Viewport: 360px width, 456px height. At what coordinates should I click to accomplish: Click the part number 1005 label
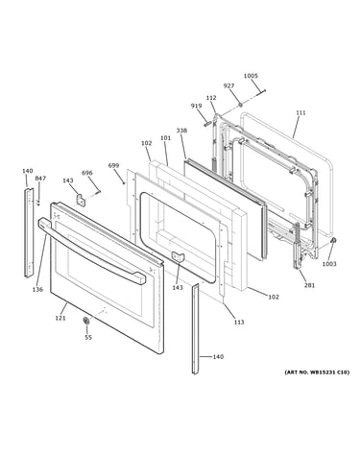[251, 76]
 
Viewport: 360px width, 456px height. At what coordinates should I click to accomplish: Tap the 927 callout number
[228, 85]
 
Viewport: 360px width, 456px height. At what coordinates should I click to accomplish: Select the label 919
[196, 106]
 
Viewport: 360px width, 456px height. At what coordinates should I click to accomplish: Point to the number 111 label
[300, 112]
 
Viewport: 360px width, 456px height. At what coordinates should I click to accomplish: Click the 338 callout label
[181, 131]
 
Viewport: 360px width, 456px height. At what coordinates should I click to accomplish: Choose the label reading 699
[113, 165]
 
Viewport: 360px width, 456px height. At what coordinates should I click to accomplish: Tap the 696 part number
[86, 173]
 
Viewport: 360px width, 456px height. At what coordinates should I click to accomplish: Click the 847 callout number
[40, 179]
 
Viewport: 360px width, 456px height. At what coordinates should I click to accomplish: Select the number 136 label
[37, 290]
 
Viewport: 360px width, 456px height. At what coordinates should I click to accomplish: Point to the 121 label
[60, 318]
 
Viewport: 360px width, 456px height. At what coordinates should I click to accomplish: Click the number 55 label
[88, 337]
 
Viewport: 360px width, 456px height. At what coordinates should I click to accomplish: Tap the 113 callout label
[239, 322]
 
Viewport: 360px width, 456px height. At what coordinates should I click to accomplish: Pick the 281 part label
[309, 285]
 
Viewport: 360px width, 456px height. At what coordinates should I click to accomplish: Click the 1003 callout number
[329, 264]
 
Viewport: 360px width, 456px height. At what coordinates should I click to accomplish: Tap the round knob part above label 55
[85, 321]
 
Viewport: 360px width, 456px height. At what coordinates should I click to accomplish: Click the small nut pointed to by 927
[240, 105]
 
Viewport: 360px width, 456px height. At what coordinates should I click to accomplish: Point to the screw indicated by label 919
[206, 123]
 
